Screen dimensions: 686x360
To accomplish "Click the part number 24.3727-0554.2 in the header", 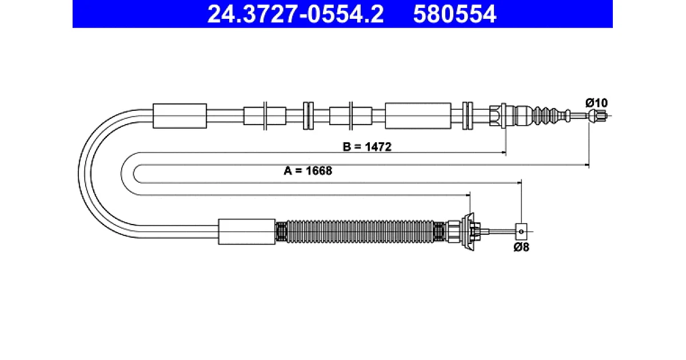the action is pyautogui.click(x=295, y=14).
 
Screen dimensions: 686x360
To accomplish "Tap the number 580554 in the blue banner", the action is pyautogui.click(x=454, y=14).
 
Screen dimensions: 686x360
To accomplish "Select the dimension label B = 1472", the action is pyautogui.click(x=367, y=147).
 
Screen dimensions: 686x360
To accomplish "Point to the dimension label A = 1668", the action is pyautogui.click(x=308, y=171).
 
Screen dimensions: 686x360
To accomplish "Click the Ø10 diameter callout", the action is pyautogui.click(x=596, y=102).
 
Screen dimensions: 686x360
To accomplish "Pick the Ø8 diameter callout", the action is pyautogui.click(x=521, y=247).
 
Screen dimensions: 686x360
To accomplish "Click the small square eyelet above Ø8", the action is pyautogui.click(x=521, y=232).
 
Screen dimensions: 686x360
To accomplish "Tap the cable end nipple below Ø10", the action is pyautogui.click(x=597, y=116).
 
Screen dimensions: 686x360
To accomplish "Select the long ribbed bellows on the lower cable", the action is pyautogui.click(x=360, y=232).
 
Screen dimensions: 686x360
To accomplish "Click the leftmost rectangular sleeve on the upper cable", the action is pyautogui.click(x=180, y=116).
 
